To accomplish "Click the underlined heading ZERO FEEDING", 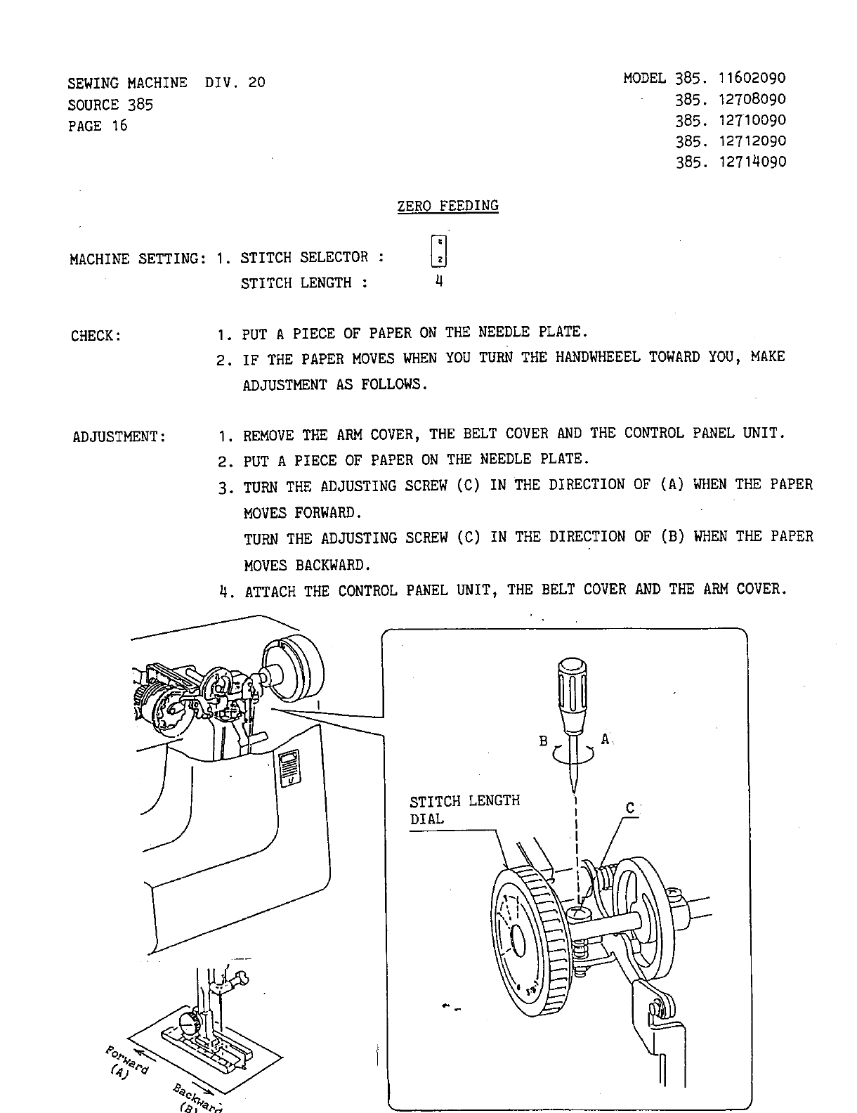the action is click(x=447, y=206).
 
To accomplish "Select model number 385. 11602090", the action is click(x=731, y=78).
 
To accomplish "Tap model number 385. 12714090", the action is click(x=731, y=162).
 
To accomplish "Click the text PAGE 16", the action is click(x=98, y=126).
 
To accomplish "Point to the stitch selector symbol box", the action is click(x=438, y=251).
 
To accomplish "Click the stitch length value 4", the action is click(x=438, y=282).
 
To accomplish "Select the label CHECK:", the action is click(x=96, y=336).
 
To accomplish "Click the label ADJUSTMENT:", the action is click(x=119, y=437).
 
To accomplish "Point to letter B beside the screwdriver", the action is click(x=543, y=741).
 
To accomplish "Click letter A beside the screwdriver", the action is click(x=605, y=739).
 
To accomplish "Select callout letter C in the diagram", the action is click(x=630, y=809).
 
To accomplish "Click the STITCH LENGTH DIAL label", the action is click(x=464, y=809).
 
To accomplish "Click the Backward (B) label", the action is click(x=196, y=1098).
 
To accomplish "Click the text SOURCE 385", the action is click(x=110, y=105).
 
